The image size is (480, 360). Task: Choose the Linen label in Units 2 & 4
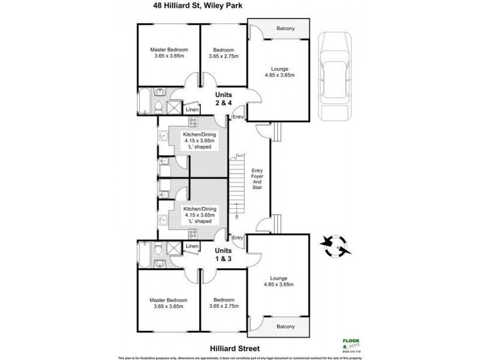coord(191,110)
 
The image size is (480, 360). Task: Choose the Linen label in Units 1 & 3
coord(191,246)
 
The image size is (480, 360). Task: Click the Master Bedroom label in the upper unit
coord(169,53)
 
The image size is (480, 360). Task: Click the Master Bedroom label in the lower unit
coord(169,303)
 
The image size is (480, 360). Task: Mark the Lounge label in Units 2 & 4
coord(278,71)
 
